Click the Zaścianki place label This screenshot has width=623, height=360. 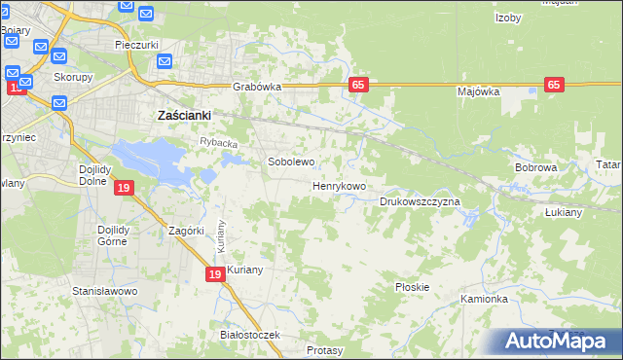pos(185,115)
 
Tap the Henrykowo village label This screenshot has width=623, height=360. pos(339,186)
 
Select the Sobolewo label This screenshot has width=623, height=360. pos(291,162)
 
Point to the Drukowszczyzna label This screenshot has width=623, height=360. pos(419,201)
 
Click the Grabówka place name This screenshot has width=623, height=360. pos(257,87)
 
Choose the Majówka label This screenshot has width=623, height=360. pos(478,91)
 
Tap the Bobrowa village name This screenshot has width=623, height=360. pos(535,168)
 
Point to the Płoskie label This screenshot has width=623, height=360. pos(413,287)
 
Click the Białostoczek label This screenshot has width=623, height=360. pos(250,335)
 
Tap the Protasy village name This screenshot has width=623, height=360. pos(324,349)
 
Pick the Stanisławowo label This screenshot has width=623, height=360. pos(105,291)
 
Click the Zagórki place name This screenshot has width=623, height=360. pos(186,231)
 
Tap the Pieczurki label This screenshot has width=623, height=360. pos(136,45)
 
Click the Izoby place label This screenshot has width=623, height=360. pos(508,18)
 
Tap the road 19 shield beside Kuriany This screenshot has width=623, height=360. pos(216,275)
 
